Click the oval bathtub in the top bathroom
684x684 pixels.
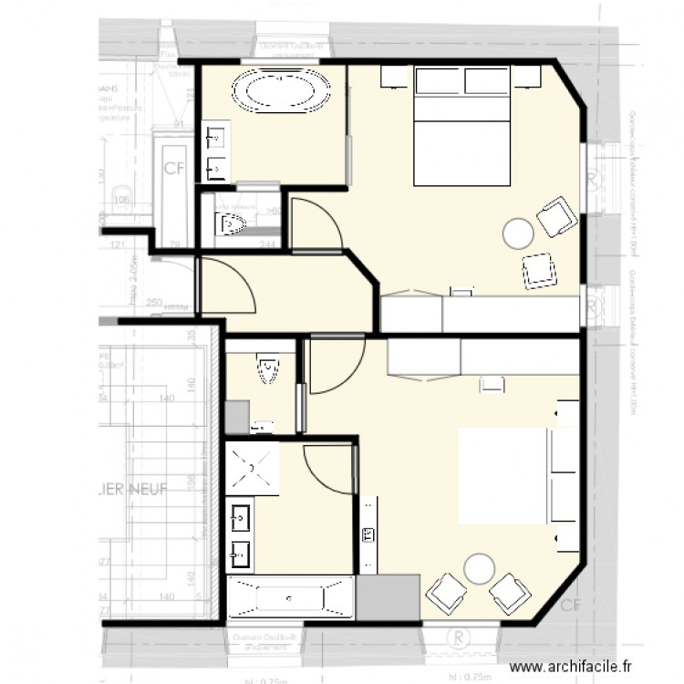281,92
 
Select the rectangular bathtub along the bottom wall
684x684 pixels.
290,598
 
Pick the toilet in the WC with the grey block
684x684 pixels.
267,369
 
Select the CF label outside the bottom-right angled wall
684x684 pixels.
571,605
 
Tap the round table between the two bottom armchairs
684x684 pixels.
479,570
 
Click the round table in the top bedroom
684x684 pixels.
519,233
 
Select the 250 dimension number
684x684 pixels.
152,302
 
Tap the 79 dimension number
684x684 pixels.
174,245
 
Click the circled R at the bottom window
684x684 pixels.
459,635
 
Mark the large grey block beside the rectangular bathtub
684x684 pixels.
388,598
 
